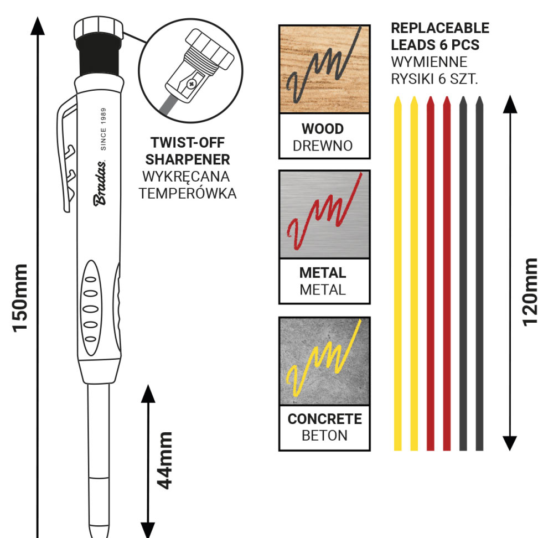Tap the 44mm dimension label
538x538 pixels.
tap(165, 461)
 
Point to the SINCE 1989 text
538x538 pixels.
tap(103, 130)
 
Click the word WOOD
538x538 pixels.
tap(323, 129)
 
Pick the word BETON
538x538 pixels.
tap(324, 436)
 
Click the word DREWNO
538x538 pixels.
tap(323, 146)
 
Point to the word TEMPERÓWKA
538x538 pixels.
tap(188, 194)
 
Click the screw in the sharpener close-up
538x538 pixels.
tap(192, 84)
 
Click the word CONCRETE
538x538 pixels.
tap(324, 419)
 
